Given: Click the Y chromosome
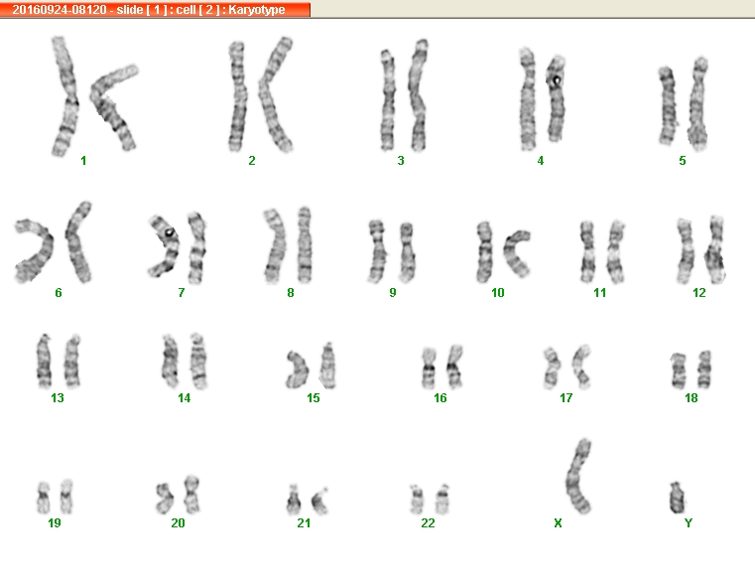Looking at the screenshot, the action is pos(677,498).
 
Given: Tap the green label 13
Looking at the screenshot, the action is pos(58,398).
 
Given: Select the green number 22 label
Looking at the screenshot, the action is pos(428,522).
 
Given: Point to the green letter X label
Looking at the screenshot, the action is pos(558,522).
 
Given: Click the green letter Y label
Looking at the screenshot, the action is pos(689,522).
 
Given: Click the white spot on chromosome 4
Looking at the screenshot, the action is pos(557,79).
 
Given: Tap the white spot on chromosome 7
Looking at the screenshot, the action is pos(169,232).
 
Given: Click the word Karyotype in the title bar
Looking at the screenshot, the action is pos(257,10).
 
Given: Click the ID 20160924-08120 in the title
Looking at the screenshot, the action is pos(60,10).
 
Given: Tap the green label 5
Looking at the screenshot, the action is pos(683,161).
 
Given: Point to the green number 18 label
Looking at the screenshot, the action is pos(691,398).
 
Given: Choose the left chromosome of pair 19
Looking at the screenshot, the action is pos(44,498).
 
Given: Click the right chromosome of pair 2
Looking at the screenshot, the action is pos(275,94).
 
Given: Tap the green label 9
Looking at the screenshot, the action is pos(393,293).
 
